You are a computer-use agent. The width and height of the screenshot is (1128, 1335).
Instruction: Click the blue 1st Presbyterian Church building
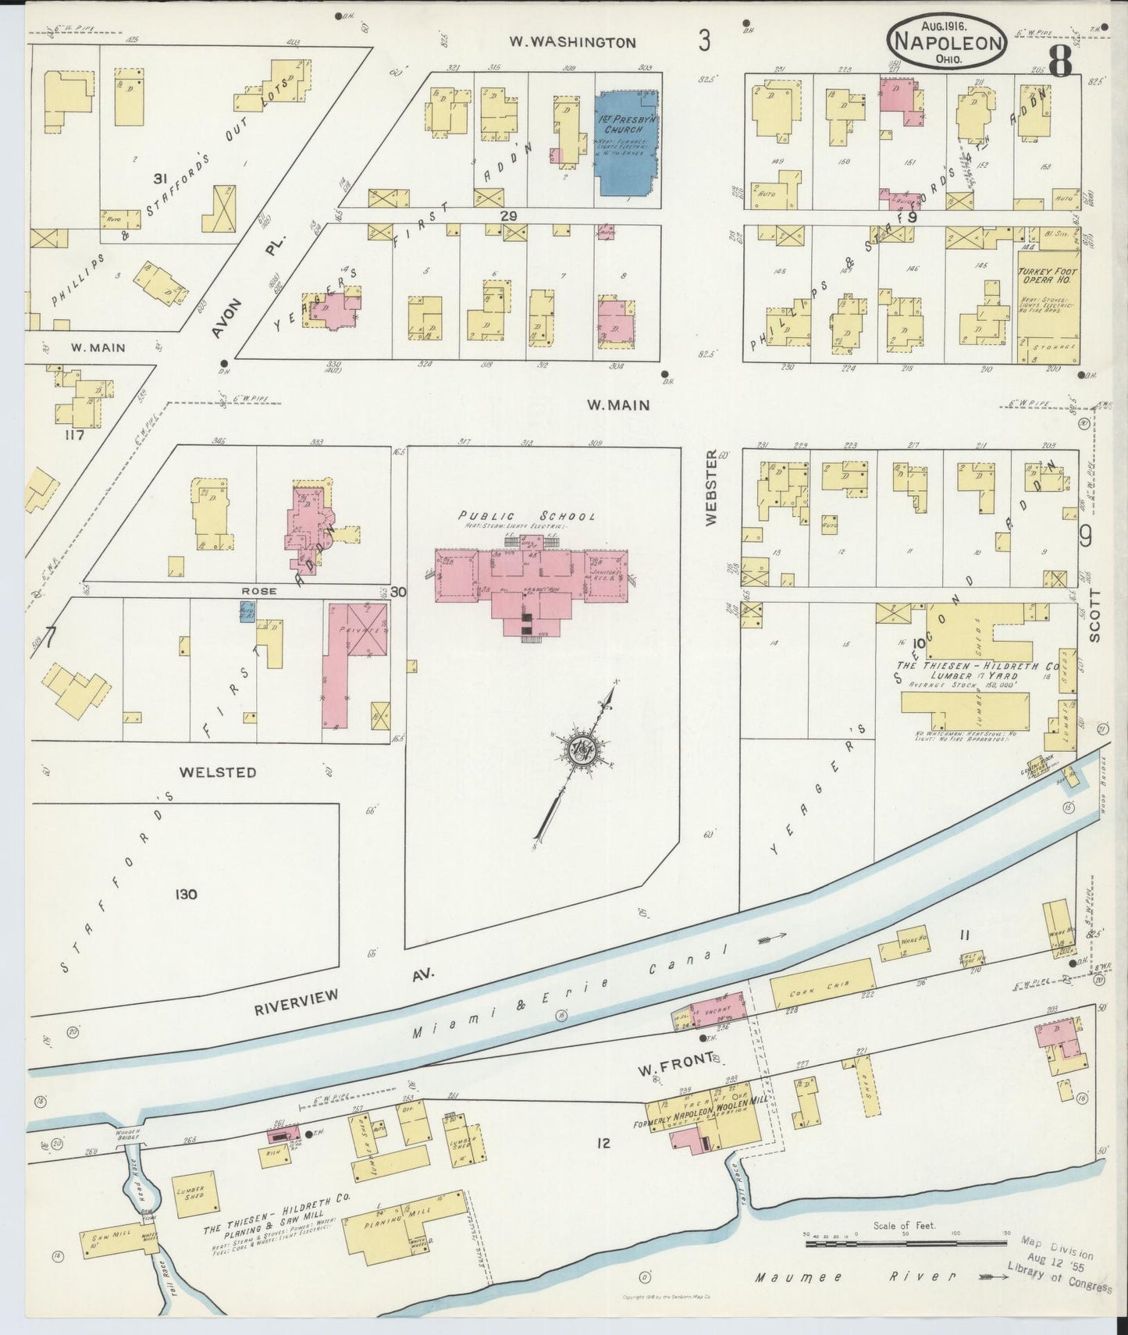627,141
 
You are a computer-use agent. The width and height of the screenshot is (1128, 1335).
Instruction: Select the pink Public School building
531,582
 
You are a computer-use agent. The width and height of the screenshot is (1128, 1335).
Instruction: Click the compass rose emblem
582,751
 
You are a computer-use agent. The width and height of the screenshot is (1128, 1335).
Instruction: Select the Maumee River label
855,1278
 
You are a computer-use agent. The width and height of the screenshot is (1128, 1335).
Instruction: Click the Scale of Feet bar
906,1241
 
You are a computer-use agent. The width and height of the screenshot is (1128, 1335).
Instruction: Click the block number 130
186,894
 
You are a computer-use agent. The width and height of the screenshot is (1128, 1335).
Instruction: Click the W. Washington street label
573,43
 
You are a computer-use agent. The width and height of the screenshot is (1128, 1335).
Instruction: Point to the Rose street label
258,591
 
